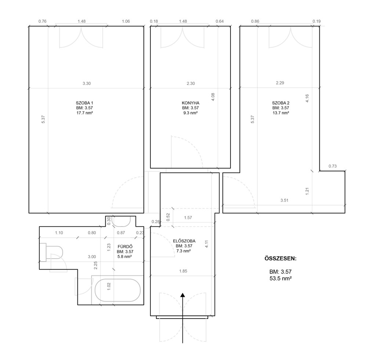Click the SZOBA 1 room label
click(84, 103)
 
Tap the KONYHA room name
click(190, 103)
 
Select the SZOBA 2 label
click(281, 103)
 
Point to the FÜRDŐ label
click(125, 247)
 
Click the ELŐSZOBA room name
click(184, 241)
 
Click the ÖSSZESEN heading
click(280, 258)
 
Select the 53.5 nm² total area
click(280, 278)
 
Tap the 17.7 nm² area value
click(84, 113)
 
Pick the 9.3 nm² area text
click(190, 113)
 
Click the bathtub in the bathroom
click(117, 290)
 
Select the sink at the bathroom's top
click(121, 221)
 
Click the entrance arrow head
click(182, 295)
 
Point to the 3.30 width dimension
click(87, 83)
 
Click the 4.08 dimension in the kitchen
click(213, 97)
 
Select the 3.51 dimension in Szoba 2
click(284, 200)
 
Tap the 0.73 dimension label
click(333, 166)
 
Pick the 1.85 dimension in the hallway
click(183, 271)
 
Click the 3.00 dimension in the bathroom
click(92, 257)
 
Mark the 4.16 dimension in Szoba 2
click(307, 98)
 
